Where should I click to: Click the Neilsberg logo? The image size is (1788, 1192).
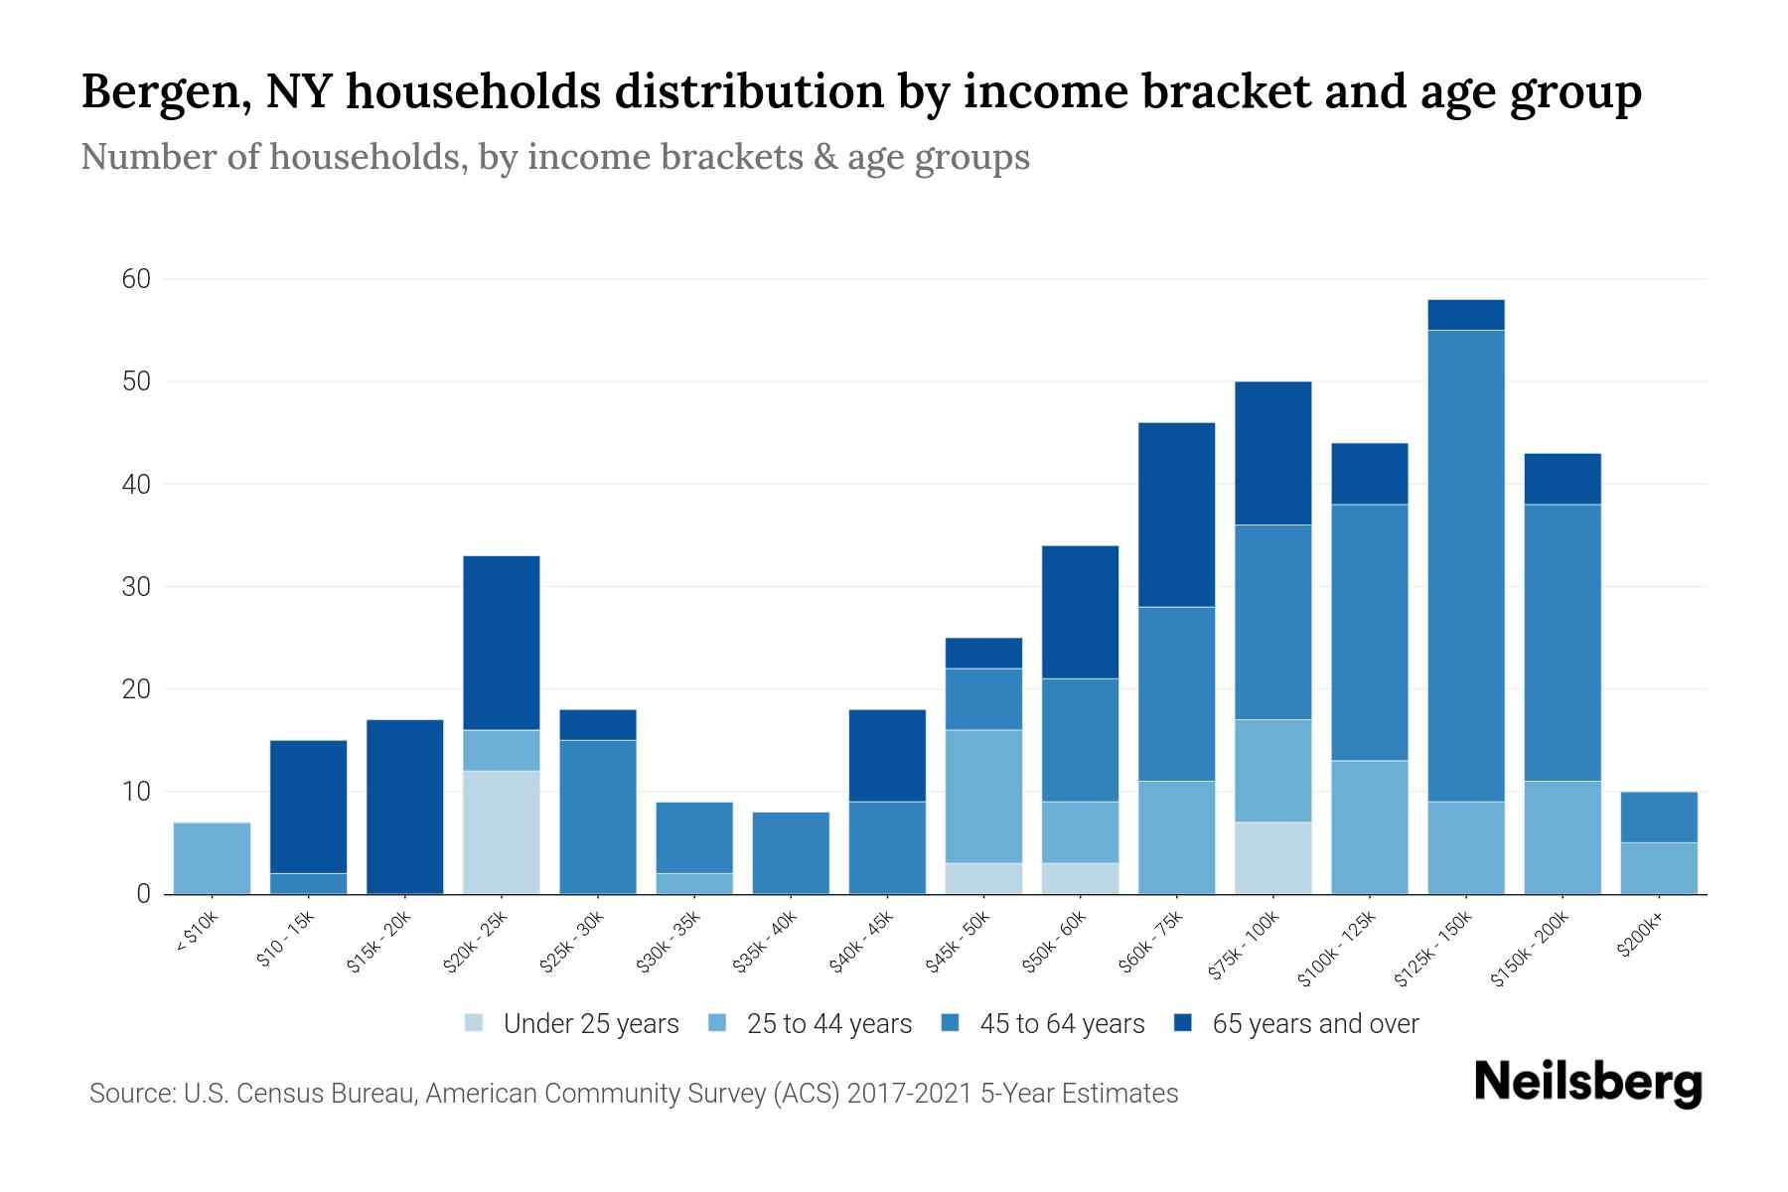1587,1083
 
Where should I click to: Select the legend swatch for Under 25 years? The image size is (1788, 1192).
475,1023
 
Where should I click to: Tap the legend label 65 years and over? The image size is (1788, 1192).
1315,1024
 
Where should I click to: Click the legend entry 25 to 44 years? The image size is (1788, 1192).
828,1024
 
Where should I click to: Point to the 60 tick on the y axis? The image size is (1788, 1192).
136,280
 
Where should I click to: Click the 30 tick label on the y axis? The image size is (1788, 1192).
136,587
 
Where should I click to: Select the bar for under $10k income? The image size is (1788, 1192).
212,858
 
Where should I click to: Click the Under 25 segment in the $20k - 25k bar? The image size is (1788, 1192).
502,832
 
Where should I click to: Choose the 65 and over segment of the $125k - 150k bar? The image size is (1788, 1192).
1466,315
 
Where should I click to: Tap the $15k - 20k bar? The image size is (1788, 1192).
405,807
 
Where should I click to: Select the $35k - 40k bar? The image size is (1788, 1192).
791,853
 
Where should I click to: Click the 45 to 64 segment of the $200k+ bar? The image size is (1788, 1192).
1659,818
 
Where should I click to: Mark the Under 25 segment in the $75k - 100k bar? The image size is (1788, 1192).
1273,858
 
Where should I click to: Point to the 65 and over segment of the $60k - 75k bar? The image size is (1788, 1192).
1176,515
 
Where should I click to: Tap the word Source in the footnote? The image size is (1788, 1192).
129,1094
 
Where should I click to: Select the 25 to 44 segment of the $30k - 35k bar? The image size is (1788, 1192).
694,884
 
